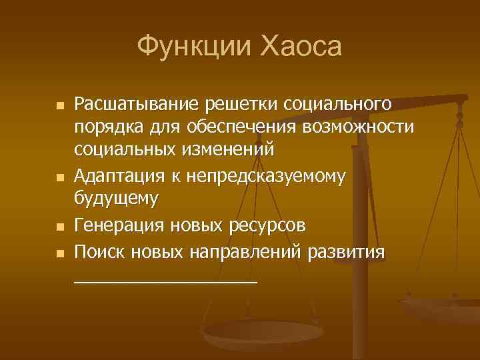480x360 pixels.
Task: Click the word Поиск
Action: click(x=96, y=253)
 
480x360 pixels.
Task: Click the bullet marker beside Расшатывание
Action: click(x=60, y=107)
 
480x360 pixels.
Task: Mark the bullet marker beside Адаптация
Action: click(x=60, y=178)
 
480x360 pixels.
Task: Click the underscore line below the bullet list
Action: click(x=165, y=282)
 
